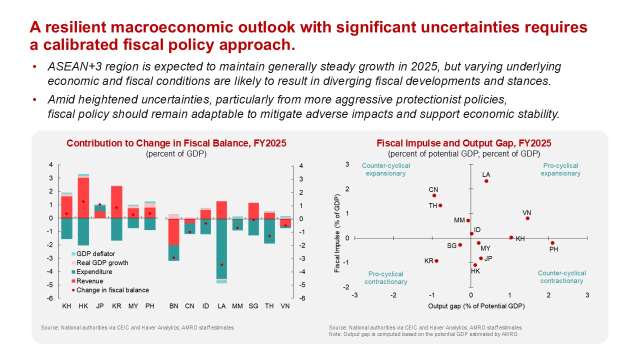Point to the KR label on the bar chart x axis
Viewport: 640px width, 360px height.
pyautogui.click(x=116, y=305)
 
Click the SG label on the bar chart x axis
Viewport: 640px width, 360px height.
pyautogui.click(x=253, y=305)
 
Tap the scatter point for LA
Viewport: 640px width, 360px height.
pyautogui.click(x=486, y=181)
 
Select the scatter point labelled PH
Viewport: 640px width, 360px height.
pyautogui.click(x=552, y=243)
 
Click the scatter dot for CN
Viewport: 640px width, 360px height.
pyautogui.click(x=434, y=195)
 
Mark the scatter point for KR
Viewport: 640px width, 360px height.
pyautogui.click(x=436, y=260)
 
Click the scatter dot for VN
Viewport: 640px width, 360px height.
pyautogui.click(x=527, y=218)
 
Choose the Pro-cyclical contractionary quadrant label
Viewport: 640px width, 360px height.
pyautogui.click(x=386, y=278)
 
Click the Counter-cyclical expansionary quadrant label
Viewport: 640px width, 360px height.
pyautogui.click(x=386, y=169)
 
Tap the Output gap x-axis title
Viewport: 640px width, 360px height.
pyautogui.click(x=476, y=305)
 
